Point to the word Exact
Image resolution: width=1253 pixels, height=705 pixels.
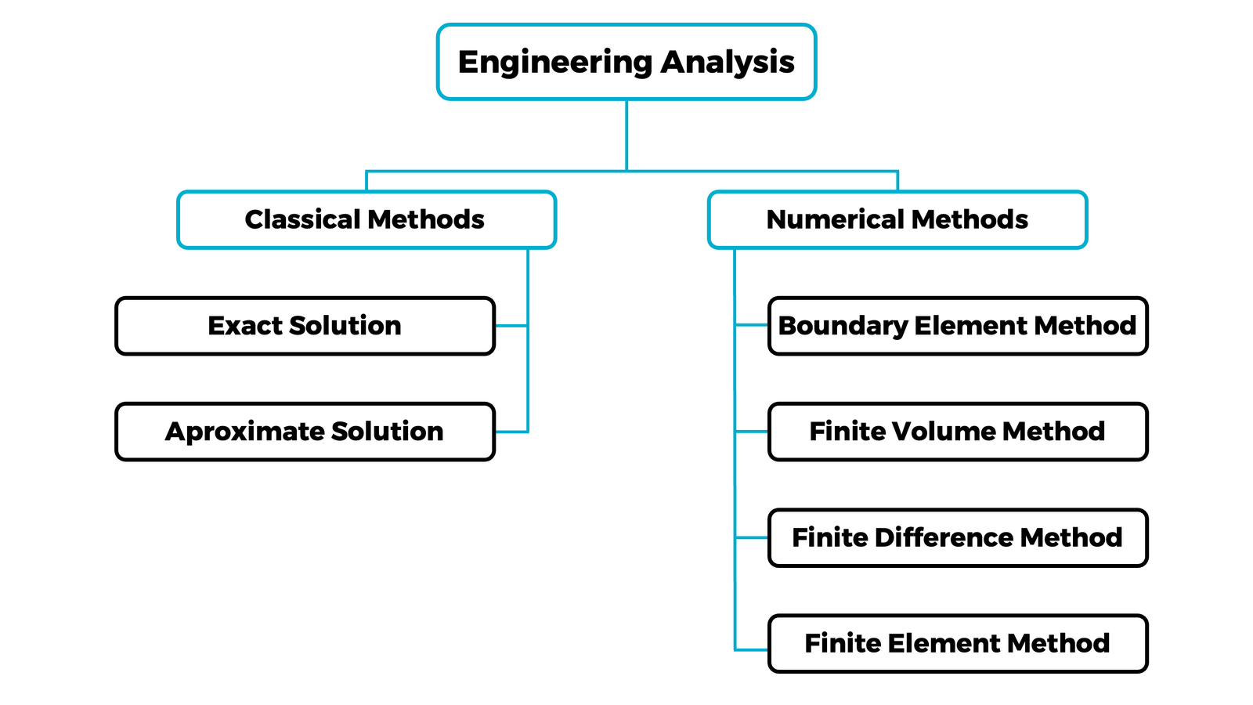click(244, 326)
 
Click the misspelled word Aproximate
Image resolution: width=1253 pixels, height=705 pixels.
click(244, 432)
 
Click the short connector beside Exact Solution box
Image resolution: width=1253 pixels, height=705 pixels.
click(511, 326)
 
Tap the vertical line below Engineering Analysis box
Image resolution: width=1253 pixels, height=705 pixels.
click(626, 135)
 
